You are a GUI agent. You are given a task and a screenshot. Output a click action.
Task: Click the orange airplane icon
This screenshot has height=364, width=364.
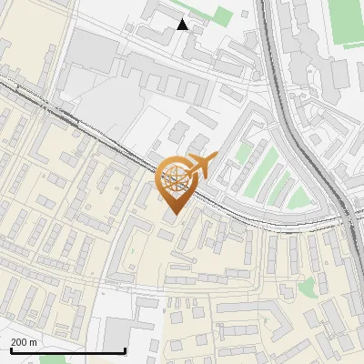pos(201,166)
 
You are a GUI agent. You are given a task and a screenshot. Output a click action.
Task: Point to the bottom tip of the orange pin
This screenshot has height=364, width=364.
pos(174,217)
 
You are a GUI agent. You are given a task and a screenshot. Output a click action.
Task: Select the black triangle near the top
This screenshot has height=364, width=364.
pos(183,25)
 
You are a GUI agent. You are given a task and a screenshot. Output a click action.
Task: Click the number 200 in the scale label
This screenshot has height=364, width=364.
pos(20,342)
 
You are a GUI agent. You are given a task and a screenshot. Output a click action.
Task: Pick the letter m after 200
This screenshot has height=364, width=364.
pos(35,342)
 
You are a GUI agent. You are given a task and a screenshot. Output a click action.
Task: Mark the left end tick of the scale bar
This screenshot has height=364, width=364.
pos(11,349)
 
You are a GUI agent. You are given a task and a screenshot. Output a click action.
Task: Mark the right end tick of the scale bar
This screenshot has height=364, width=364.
pos(125,349)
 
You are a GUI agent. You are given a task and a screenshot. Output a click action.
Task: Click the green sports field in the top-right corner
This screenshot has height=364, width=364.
pos(346,23)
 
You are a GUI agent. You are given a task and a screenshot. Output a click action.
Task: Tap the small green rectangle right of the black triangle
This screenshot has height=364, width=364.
pos(222,15)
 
